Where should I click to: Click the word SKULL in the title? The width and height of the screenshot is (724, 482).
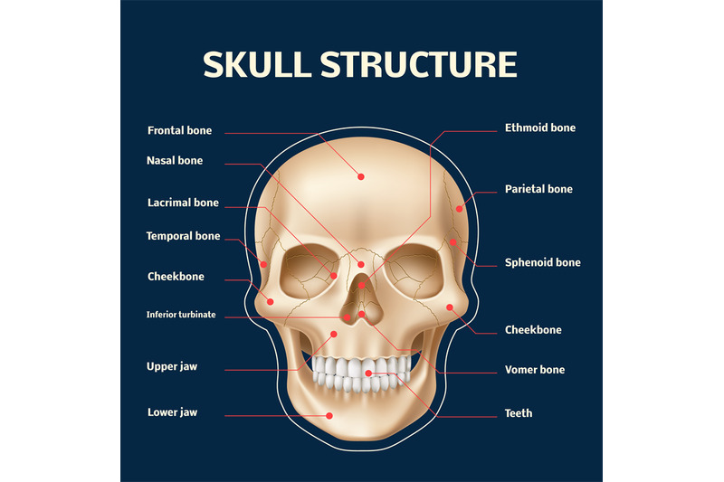click(x=257, y=64)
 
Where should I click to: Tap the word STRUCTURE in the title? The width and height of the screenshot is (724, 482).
click(x=419, y=64)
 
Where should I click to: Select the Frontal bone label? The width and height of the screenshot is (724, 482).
click(x=179, y=130)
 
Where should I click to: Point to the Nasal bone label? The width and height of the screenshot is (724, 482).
click(x=175, y=160)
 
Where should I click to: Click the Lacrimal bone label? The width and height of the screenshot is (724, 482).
click(x=183, y=203)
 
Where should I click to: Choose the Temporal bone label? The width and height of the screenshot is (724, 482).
click(x=184, y=236)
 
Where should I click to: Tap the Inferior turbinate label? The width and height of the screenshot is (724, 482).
click(x=181, y=315)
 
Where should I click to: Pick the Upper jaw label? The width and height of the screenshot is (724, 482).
click(x=172, y=366)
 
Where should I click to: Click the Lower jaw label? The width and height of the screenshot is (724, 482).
click(x=172, y=412)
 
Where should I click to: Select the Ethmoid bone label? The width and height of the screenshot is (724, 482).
click(x=540, y=128)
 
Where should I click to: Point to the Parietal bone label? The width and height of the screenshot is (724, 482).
click(x=538, y=189)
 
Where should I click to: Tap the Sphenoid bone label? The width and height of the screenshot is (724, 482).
click(x=542, y=262)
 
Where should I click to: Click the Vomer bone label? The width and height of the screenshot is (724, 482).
click(x=535, y=370)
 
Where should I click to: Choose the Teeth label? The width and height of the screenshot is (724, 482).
click(x=519, y=413)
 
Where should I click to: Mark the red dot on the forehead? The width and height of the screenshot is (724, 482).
click(x=361, y=176)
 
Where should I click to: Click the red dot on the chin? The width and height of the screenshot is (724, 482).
click(x=329, y=416)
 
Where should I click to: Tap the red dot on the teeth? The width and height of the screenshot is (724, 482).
click(x=368, y=373)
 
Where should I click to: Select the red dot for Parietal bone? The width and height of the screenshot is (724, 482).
click(x=459, y=209)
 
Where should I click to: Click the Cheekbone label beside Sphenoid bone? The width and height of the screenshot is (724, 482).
click(x=533, y=330)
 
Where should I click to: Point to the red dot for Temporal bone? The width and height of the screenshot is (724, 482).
click(x=263, y=264)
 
